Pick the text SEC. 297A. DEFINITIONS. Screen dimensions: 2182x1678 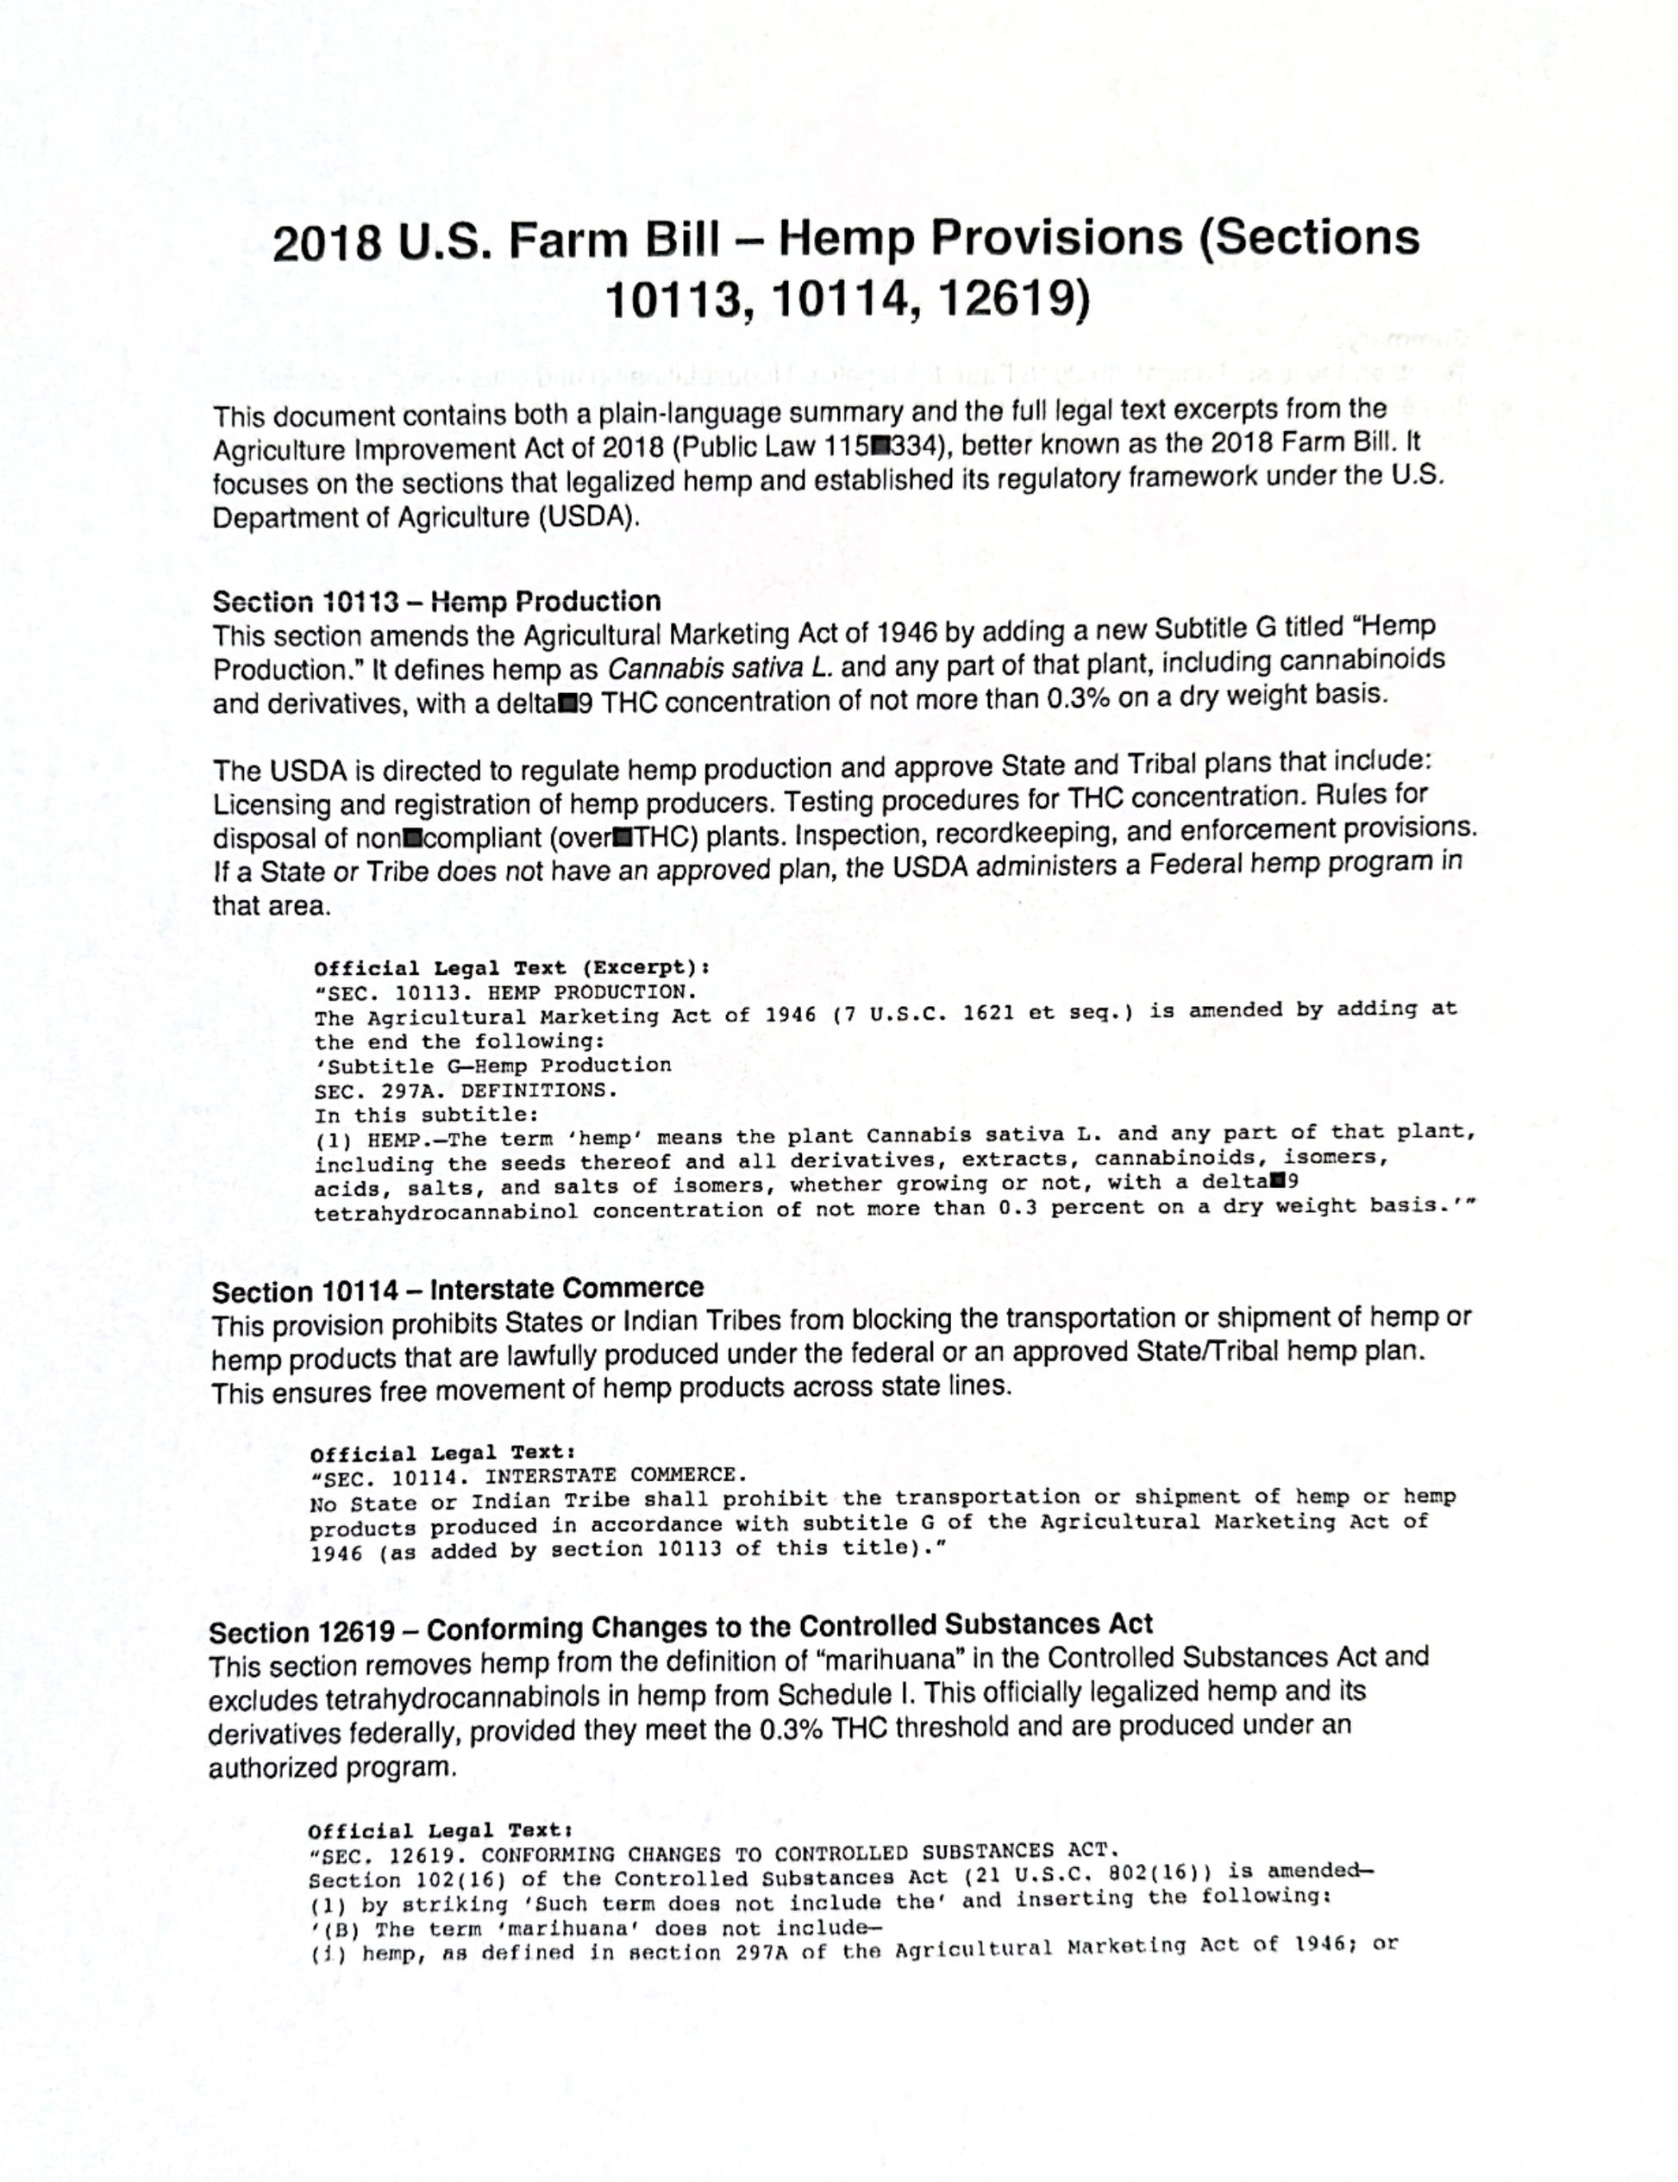coord(466,1091)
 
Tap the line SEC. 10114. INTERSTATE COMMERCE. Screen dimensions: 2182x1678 coord(529,1476)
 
